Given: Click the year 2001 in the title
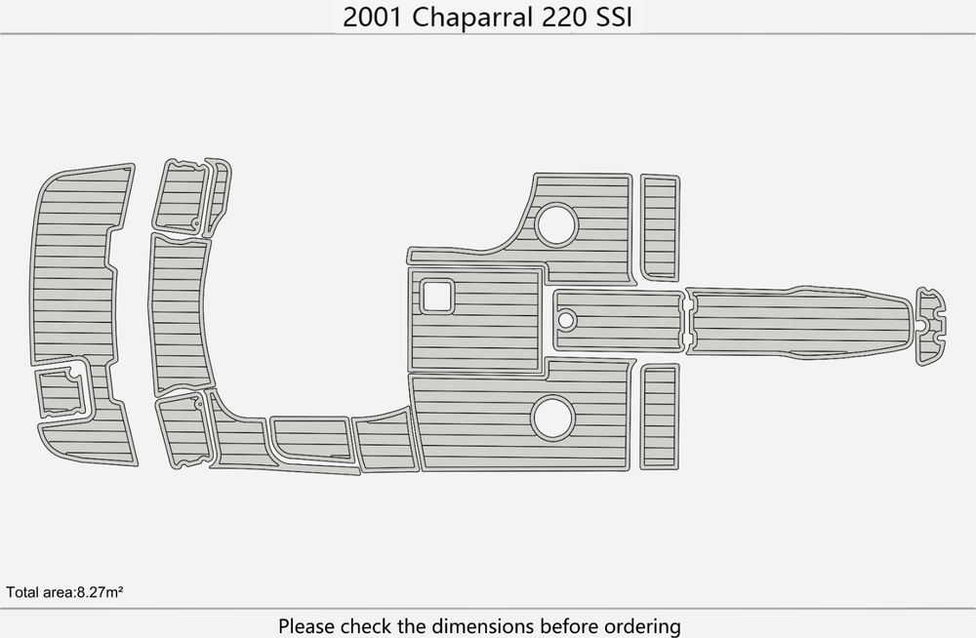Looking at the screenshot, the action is (x=373, y=17).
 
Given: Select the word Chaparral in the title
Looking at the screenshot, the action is (x=471, y=18).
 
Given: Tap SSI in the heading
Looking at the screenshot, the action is (x=614, y=17).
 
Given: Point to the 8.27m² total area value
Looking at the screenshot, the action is (x=100, y=592).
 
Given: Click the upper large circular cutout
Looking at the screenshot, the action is (x=556, y=224).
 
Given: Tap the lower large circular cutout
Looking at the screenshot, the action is (x=552, y=416).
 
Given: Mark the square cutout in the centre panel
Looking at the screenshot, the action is (x=436, y=297).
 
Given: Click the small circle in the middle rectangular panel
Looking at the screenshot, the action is (x=566, y=320).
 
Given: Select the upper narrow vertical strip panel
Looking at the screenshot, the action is (x=661, y=228).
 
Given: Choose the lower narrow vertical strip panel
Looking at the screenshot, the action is (x=660, y=417).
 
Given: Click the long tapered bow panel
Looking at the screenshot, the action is (x=800, y=321).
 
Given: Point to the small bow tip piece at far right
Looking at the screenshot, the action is (x=930, y=326).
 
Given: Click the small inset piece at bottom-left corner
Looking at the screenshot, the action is (x=61, y=392).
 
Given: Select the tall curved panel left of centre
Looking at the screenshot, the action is (x=181, y=314).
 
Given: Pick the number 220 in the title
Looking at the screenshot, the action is (x=564, y=17).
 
